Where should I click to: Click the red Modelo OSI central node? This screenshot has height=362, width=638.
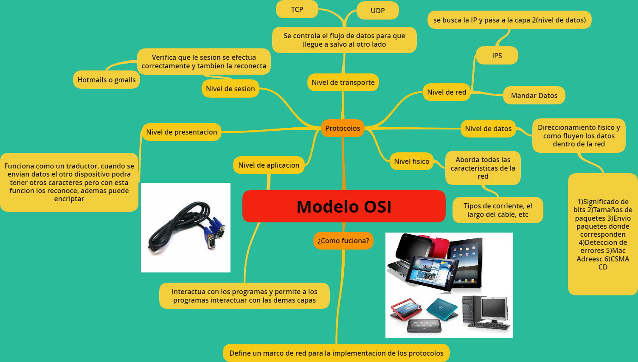pos(344,206)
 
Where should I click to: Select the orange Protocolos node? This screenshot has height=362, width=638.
pos(343,128)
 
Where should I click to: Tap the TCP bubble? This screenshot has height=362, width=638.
pos(297,9)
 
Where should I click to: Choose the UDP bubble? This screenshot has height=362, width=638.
pos(377,11)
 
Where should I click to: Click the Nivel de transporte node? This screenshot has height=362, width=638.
pos(343,82)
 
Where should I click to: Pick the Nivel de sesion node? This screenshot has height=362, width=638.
pos(230,89)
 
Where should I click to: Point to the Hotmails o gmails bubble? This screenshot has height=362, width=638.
pos(107,80)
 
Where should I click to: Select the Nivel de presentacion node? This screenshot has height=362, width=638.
pos(181,132)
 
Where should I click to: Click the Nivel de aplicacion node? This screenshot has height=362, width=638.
pos(269,165)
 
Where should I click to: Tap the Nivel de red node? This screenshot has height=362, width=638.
pos(447,92)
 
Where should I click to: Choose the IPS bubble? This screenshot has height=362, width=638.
pos(497,56)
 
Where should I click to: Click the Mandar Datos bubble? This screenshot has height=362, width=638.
pos(534,95)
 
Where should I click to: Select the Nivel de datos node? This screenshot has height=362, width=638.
pos(488,129)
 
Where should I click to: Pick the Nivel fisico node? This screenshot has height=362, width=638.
pos(411,161)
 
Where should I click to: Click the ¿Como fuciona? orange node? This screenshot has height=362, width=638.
pos(343,241)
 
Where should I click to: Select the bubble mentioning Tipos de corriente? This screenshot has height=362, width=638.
pos(497,210)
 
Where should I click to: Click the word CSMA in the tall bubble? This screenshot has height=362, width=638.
pos(620,259)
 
